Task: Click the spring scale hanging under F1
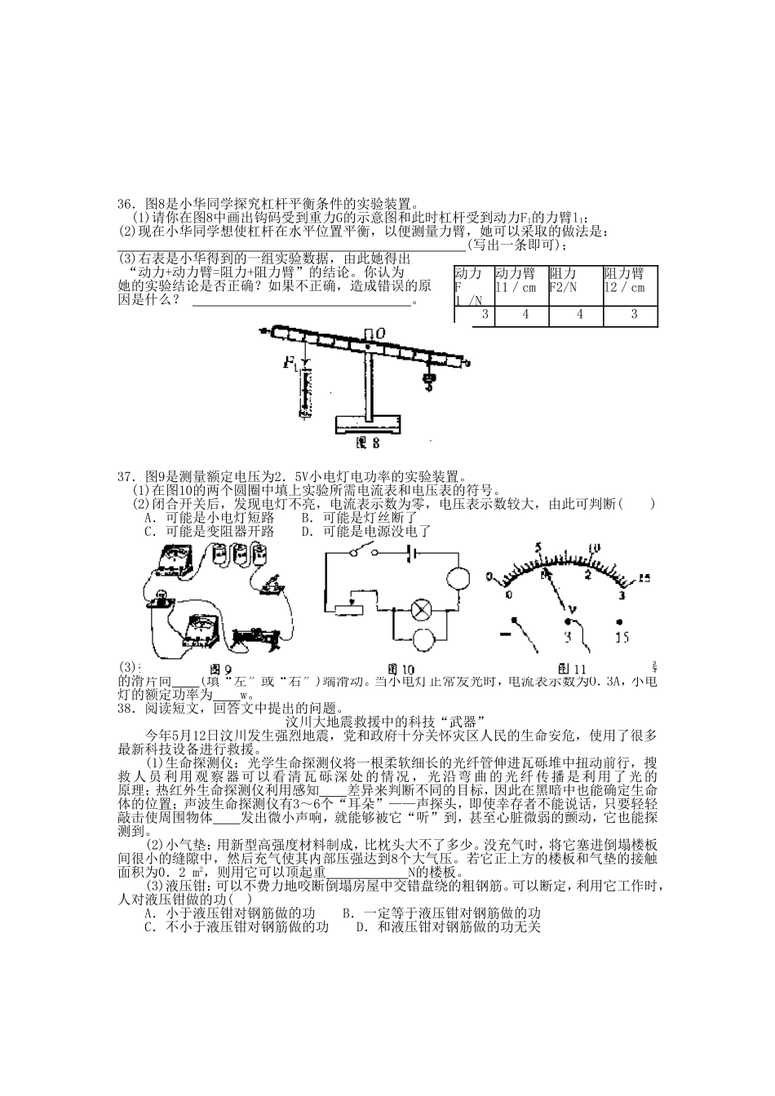click(305, 391)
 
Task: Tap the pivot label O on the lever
click(381, 332)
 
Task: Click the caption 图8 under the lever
click(368, 444)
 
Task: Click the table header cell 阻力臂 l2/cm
click(629, 281)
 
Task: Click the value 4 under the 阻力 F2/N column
click(579, 314)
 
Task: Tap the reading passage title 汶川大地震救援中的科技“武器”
click(387, 721)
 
